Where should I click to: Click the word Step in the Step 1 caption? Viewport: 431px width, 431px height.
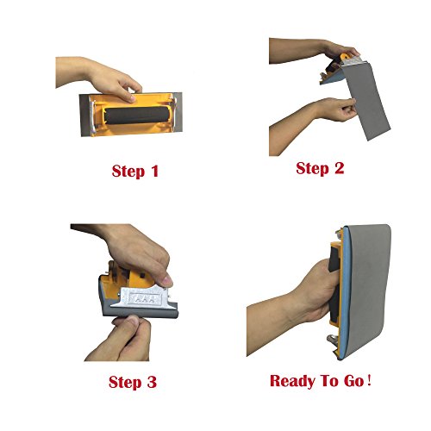click(x=128, y=172)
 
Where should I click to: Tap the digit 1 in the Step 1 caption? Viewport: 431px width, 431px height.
click(x=155, y=171)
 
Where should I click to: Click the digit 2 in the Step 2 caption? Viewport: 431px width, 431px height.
click(x=339, y=168)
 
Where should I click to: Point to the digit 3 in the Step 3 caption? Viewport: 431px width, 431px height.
click(x=152, y=382)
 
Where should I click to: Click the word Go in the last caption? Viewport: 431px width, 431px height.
click(x=354, y=381)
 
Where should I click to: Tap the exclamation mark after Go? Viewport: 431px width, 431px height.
click(x=369, y=380)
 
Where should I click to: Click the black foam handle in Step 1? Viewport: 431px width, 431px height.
click(x=135, y=116)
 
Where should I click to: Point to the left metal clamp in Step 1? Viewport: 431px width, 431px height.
click(x=92, y=116)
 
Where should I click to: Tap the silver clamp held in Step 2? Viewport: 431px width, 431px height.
click(x=353, y=61)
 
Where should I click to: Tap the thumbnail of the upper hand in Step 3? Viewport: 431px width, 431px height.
click(x=166, y=281)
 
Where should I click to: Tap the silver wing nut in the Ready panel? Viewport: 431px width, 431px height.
click(x=333, y=340)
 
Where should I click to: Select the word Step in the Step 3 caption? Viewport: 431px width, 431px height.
click(x=125, y=383)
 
